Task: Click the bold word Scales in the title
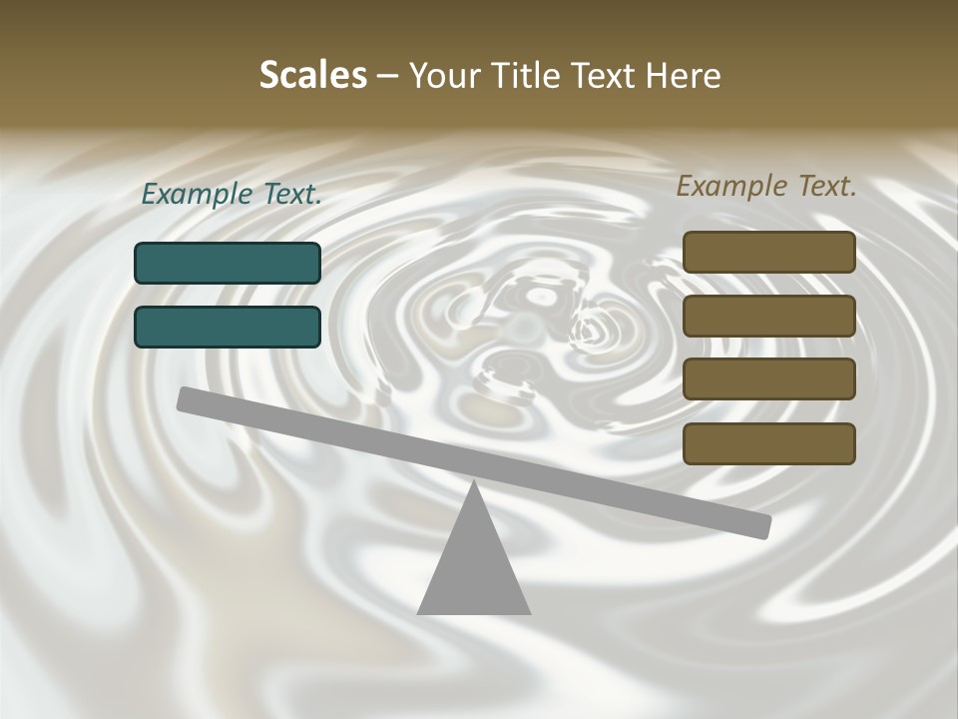(312, 75)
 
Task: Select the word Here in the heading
(684, 75)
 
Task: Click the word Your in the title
(443, 77)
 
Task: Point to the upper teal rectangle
(228, 263)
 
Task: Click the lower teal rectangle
(228, 327)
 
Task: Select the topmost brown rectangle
(768, 252)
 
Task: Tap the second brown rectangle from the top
(768, 316)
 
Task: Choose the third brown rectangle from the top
(768, 379)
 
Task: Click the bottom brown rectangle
(768, 443)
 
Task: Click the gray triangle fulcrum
(474, 569)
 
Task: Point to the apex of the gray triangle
(474, 484)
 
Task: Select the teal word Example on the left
(198, 195)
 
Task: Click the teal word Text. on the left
(292, 194)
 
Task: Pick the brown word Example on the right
(732, 187)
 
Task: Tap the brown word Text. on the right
(826, 186)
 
